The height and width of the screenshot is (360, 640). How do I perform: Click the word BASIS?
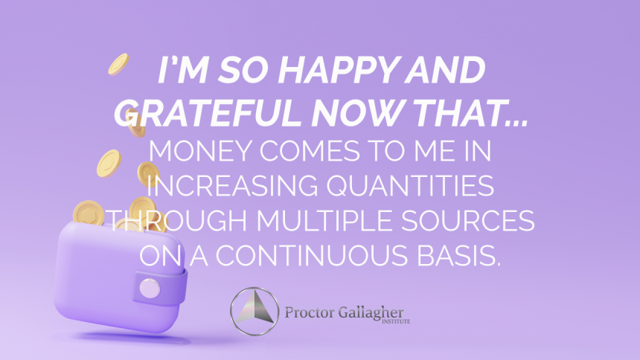click(452, 255)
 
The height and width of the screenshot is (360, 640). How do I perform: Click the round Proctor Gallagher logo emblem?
click(255, 311)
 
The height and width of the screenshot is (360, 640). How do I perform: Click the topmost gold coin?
click(118, 65)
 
